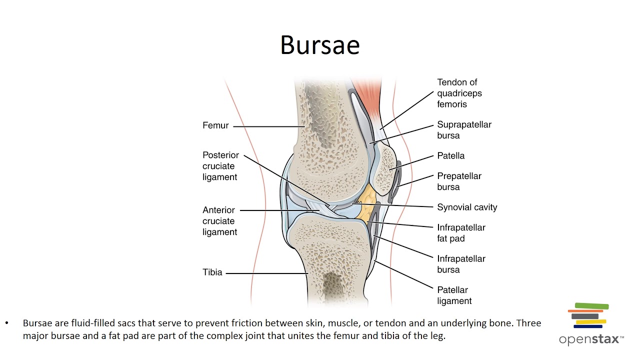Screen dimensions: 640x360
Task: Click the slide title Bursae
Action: [320, 44]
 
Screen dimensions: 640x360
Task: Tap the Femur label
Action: [215, 125]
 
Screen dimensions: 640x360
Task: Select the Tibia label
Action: [212, 272]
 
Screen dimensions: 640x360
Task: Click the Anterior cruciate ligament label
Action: [219, 221]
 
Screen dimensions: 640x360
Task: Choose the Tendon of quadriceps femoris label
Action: [459, 93]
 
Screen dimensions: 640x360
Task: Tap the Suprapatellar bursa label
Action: [464, 130]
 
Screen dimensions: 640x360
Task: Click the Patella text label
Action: [451, 156]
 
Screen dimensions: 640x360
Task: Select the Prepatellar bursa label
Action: [459, 181]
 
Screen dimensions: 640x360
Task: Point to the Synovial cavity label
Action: [467, 207]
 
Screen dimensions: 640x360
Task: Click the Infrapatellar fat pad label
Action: [461, 233]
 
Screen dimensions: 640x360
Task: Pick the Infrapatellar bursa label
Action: [461, 264]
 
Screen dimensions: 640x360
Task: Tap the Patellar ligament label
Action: [454, 295]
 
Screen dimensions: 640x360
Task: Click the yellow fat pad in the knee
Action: [367, 204]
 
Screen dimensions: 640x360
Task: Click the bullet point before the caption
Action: [7, 323]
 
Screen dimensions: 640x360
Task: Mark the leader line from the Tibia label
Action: [267, 273]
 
